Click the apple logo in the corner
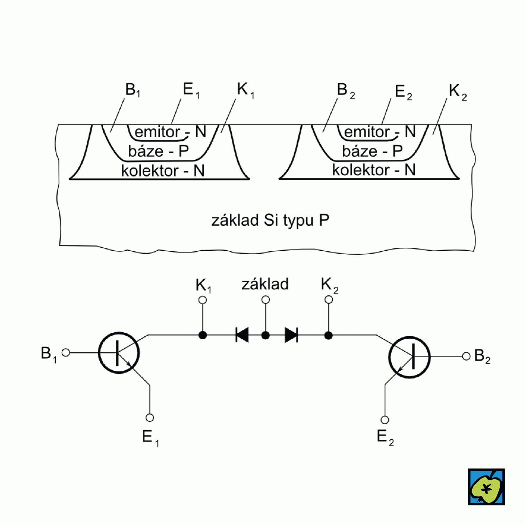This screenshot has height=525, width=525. click(x=486, y=487)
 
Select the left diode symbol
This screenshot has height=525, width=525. click(x=242, y=335)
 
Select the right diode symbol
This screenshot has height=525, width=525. click(x=291, y=335)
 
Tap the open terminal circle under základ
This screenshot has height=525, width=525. click(x=265, y=300)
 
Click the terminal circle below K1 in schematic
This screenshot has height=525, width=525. click(x=202, y=300)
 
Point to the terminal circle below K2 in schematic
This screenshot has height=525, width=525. click(x=328, y=300)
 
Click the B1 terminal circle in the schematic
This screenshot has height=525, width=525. click(x=66, y=352)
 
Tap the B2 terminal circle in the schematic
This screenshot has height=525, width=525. click(x=466, y=356)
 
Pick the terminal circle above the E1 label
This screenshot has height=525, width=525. click(x=150, y=418)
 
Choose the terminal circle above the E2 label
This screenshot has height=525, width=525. click(x=385, y=420)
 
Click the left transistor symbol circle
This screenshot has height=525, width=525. click(x=119, y=353)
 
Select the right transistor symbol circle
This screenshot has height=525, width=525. click(x=409, y=357)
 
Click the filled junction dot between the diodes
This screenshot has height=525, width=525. click(x=265, y=335)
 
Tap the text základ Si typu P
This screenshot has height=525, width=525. click(x=270, y=220)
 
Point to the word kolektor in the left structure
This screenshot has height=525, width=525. click(x=150, y=171)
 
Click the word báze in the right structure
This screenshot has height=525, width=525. click(x=360, y=151)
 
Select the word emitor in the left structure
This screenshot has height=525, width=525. click(x=157, y=132)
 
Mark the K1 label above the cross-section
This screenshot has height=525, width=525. click(x=245, y=90)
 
